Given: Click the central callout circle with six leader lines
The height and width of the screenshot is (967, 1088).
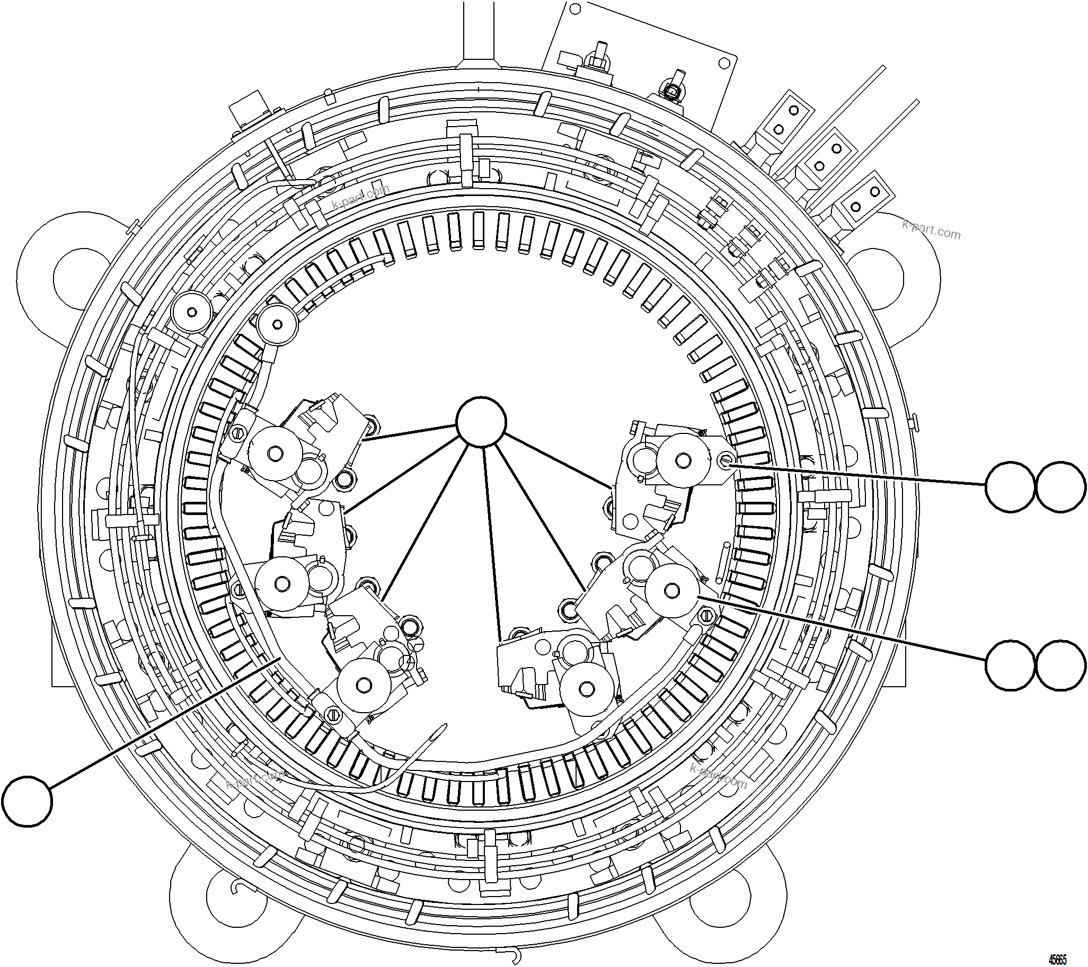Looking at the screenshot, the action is coord(481,421).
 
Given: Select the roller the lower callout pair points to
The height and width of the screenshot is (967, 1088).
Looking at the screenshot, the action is coord(672,590).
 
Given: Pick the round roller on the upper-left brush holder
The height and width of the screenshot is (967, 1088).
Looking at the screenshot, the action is coord(275,454).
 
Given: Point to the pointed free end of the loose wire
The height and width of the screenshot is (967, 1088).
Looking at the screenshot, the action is coord(445,725).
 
